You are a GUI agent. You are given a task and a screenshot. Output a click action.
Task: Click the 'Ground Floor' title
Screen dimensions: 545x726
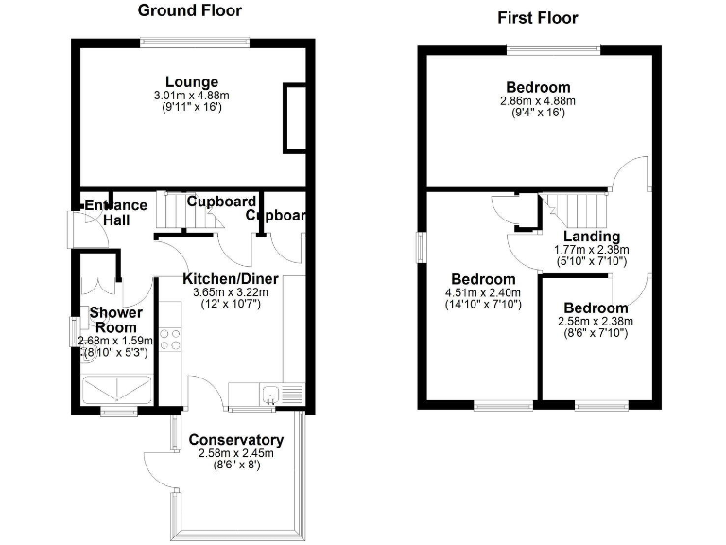point(190,11)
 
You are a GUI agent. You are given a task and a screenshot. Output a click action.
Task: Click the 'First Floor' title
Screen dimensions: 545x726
point(537,18)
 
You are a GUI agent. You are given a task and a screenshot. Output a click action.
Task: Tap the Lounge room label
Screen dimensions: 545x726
point(192,82)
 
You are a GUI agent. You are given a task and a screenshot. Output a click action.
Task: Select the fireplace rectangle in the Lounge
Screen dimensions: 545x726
point(295,118)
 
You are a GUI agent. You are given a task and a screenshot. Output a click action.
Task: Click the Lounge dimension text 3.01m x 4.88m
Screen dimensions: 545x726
point(192,96)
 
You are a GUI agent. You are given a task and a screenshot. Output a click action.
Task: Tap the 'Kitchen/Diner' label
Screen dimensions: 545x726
point(225,279)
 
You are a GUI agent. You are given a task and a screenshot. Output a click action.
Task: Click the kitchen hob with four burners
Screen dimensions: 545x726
point(170,338)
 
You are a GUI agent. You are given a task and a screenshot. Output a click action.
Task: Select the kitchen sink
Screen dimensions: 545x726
point(272,395)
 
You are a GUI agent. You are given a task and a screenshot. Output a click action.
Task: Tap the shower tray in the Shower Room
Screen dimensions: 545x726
point(119,389)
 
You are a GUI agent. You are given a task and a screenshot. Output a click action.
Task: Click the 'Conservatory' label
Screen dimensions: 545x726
point(235,440)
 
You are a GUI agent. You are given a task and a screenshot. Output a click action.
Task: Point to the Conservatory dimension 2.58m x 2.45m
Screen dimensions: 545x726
point(235,453)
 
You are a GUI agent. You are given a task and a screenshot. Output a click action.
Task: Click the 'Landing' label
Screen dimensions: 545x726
point(592,237)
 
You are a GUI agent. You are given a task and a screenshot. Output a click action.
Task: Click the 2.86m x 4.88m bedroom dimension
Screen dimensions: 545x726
point(538,100)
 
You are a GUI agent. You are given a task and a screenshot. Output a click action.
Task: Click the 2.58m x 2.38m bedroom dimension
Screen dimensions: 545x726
point(596,322)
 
